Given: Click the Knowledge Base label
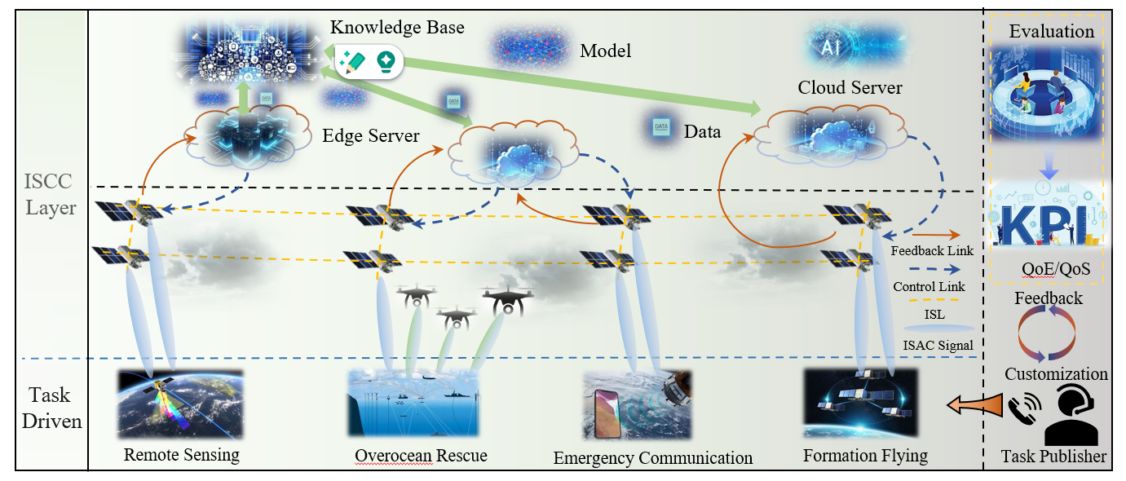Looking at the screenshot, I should coord(397,28).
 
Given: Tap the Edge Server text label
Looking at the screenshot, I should coord(371,135).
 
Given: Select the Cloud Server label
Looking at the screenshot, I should coord(850,87).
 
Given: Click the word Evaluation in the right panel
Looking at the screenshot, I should coord(1051,32).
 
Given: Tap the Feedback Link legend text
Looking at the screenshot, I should coord(932,250).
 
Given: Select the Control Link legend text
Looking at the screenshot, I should coord(929,286).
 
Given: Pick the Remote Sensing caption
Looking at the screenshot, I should coord(181,455).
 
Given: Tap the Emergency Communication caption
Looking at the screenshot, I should coord(652,457).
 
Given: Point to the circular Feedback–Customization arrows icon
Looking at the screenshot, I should coord(1048,334).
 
